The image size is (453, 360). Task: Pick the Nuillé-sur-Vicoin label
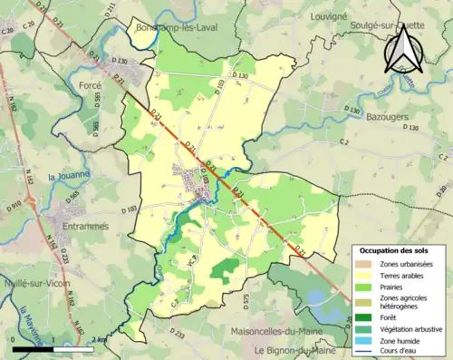click(43, 284)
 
